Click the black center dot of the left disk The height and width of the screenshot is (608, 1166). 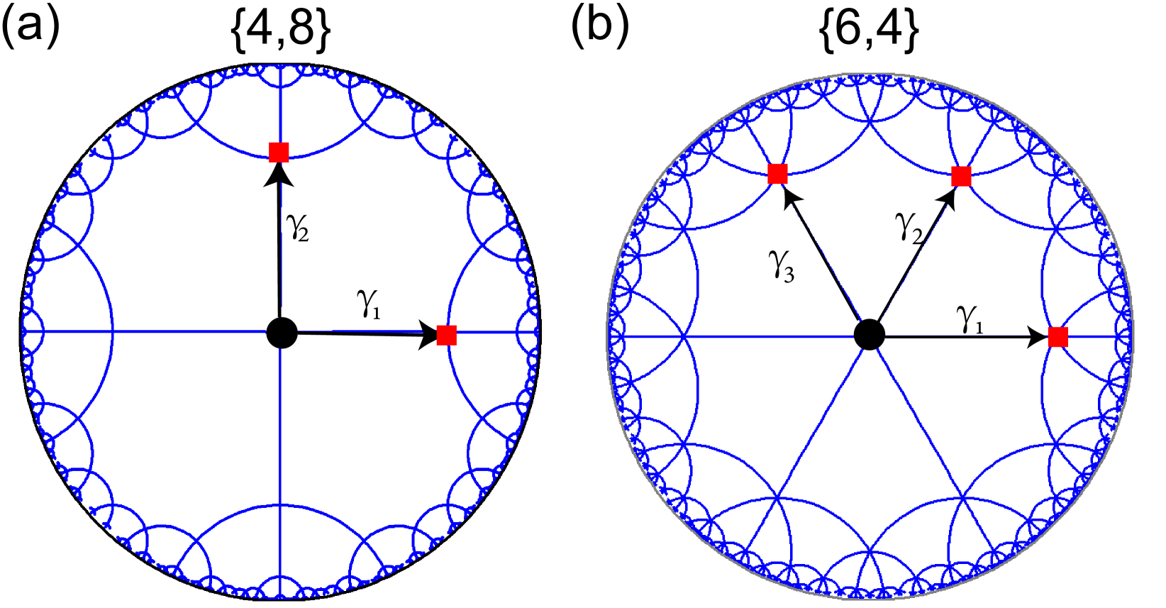tap(282, 333)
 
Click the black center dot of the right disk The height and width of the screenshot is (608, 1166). tap(869, 334)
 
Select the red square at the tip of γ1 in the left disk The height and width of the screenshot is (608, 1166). tap(447, 335)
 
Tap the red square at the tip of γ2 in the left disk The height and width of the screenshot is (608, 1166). tap(279, 152)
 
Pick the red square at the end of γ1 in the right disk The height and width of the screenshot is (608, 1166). tap(1057, 337)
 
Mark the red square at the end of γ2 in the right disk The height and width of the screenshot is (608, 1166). tap(961, 176)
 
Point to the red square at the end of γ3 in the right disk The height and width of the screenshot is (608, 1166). tap(777, 174)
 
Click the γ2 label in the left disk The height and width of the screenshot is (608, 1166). tap(297, 227)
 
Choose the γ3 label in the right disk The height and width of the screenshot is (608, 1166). tap(782, 265)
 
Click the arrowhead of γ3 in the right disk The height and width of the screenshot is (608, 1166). tap(789, 198)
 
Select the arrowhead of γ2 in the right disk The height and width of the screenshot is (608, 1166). tap(948, 198)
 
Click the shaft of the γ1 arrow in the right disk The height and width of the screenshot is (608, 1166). tap(957, 338)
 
